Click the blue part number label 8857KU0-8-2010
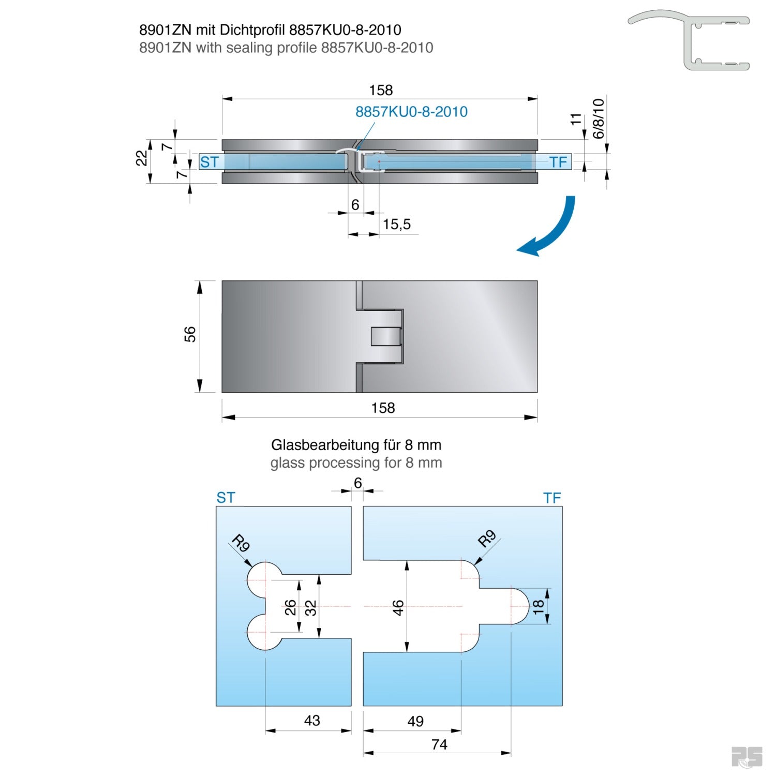coord(411,112)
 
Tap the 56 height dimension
coord(190,334)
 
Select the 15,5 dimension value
coord(397,225)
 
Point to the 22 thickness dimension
coord(141,158)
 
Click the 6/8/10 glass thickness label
coord(598,118)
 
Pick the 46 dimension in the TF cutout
coord(398,607)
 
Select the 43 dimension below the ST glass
coord(312,721)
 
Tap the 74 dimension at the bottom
coord(439,744)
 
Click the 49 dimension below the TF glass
coord(415,721)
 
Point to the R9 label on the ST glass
coord(241,544)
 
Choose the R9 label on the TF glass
coord(486,539)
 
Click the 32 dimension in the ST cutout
coord(310,607)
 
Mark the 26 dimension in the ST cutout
coord(290,607)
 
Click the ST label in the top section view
coord(210,162)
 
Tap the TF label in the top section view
coord(558,162)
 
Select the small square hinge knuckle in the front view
coord(386,337)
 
